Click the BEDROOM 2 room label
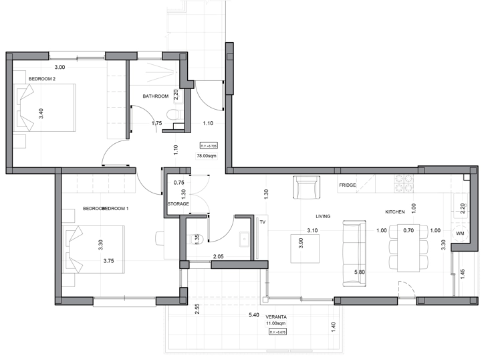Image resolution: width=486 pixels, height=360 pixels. coord(41,79)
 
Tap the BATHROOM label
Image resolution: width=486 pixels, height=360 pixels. coord(155,96)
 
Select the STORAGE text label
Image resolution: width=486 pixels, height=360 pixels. coord(178,203)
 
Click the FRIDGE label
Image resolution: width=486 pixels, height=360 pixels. coord(347,185)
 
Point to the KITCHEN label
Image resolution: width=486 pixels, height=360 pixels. coord(394,211)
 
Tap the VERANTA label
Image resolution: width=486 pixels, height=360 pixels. coord(276,317)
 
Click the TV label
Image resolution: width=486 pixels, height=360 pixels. coord(263,221)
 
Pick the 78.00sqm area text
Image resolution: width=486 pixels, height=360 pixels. coord(207,155)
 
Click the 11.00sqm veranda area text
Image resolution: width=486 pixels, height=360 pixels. coord(276,324)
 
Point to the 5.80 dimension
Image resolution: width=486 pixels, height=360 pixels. coord(359,272)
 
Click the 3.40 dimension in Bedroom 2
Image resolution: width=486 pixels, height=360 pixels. coord(41,114)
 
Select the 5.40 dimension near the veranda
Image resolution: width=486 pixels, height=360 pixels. coord(253,314)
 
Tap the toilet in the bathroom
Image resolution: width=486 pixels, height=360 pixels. coord(176,118)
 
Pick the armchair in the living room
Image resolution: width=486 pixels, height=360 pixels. coord(306,187)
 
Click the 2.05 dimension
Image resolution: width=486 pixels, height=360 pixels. coord(218,257)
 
